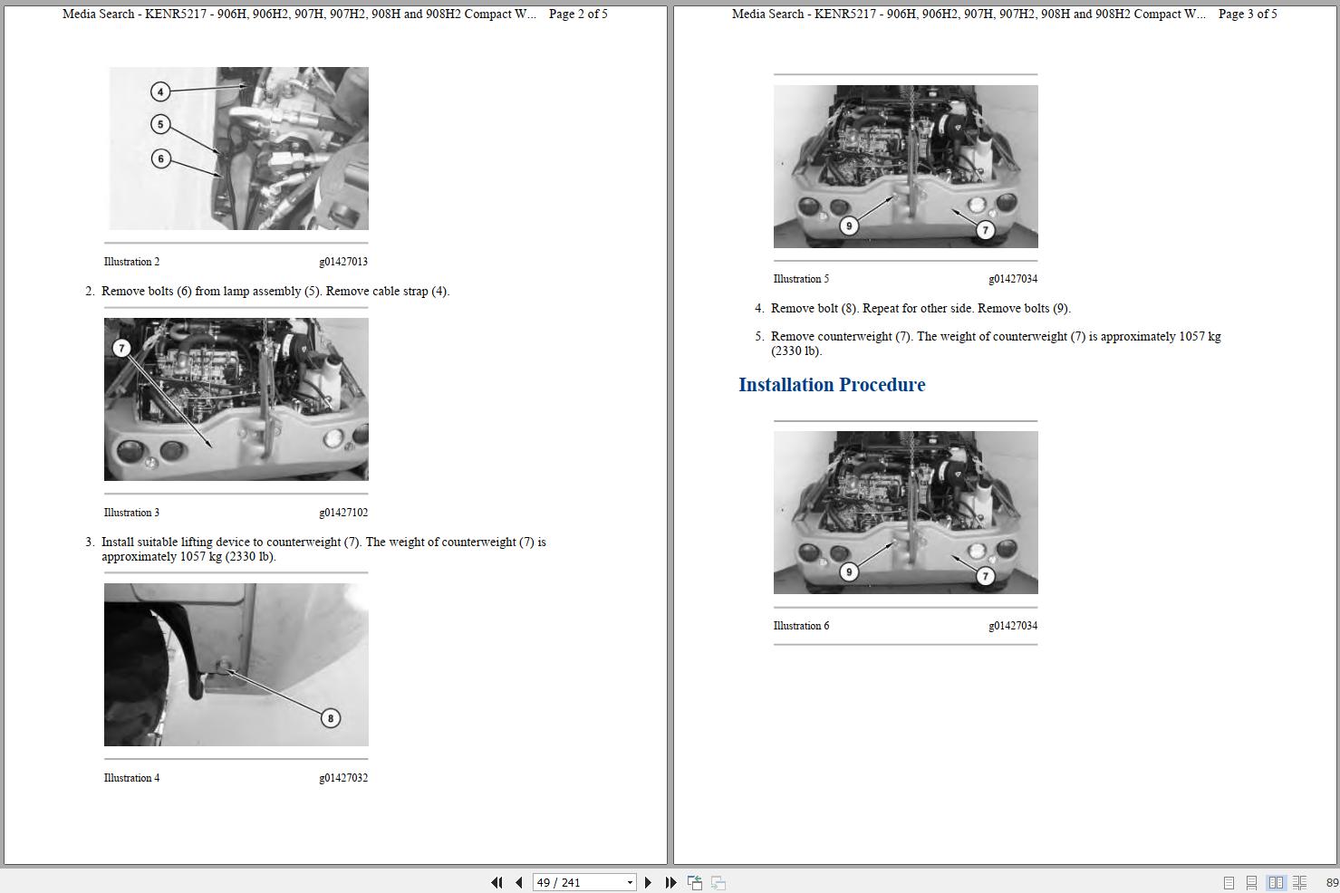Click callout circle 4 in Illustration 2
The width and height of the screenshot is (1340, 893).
[160, 91]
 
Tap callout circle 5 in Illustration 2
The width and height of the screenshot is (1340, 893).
[160, 124]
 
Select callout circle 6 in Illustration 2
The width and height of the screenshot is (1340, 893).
[160, 158]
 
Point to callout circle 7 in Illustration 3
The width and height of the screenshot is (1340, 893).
[121, 348]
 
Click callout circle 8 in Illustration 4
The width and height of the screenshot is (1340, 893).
[330, 717]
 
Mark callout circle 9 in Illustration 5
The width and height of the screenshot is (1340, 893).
[849, 226]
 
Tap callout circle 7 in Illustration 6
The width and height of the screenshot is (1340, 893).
[985, 576]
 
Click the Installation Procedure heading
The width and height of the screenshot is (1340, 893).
[832, 385]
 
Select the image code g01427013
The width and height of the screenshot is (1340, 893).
[343, 262]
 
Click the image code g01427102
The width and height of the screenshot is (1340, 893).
[343, 513]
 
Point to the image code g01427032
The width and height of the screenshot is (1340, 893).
[343, 778]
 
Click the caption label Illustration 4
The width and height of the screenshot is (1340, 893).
[131, 778]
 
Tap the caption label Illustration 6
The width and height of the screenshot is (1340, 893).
[801, 626]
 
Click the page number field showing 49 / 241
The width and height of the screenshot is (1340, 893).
[578, 882]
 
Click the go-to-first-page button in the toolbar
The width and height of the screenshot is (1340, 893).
[496, 882]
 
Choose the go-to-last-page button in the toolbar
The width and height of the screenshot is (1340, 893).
[670, 882]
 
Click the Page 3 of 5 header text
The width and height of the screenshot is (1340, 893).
[1248, 14]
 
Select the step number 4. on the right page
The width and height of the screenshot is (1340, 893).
[759, 309]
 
